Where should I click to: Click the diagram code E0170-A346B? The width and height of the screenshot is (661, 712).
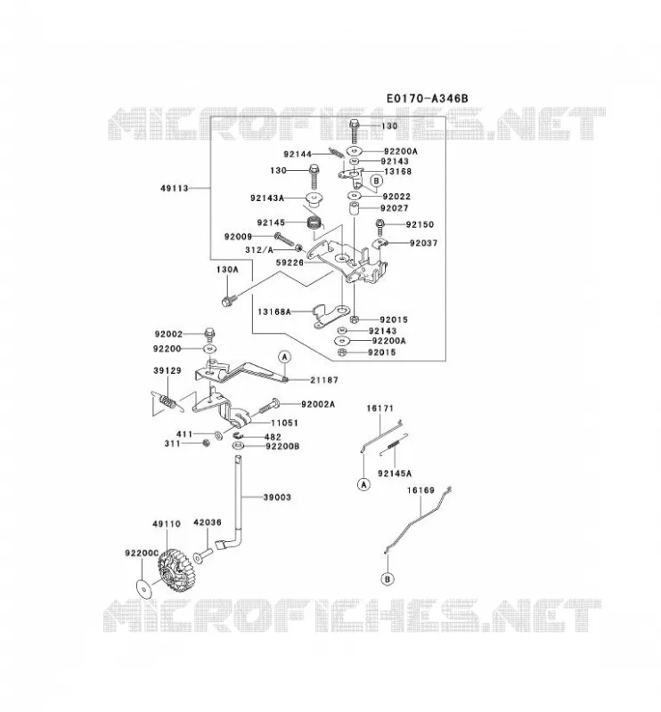(427, 98)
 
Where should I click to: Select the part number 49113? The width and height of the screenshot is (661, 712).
(175, 188)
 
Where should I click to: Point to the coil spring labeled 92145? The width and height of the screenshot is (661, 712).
(314, 223)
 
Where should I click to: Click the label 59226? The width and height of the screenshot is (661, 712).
(290, 263)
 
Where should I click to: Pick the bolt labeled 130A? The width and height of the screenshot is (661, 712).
(229, 300)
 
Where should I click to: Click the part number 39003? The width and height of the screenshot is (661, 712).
(277, 498)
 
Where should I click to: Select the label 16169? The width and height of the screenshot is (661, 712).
(421, 490)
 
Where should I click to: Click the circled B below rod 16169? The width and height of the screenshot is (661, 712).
(388, 579)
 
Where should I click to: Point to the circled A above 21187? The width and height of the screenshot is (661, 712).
(284, 357)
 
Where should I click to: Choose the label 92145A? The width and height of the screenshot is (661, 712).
(395, 473)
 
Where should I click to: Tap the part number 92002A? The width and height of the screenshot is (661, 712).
(318, 404)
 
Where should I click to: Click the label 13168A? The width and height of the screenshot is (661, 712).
(274, 312)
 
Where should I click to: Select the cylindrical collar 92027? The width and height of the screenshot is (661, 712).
(355, 209)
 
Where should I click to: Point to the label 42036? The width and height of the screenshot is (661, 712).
(208, 522)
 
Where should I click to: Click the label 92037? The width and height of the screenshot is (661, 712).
(424, 243)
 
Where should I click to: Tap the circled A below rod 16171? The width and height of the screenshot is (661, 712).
(363, 484)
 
